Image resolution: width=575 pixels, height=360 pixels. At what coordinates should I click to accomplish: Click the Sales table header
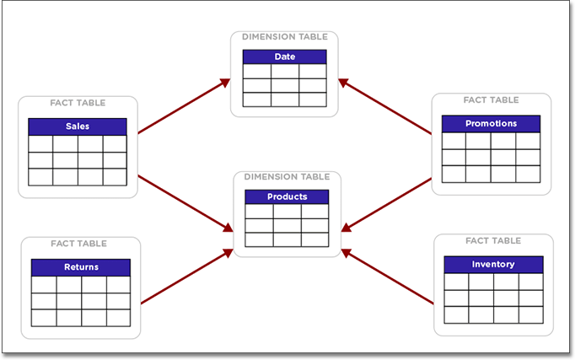[78, 126]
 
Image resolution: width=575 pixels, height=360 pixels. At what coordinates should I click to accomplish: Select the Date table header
[284, 56]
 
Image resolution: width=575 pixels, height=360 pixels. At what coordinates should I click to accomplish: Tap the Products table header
[287, 196]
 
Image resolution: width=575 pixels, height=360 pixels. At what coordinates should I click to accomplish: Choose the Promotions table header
[491, 124]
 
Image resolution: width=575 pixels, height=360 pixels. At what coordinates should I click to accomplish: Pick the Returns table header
[81, 267]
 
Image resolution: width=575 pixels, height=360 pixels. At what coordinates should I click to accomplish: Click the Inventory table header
[493, 265]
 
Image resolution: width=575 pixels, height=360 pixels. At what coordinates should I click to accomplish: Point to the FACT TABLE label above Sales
[78, 103]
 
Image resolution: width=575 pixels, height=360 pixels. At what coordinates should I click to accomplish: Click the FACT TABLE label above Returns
[78, 244]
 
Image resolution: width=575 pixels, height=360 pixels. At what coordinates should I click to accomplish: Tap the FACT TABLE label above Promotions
[491, 100]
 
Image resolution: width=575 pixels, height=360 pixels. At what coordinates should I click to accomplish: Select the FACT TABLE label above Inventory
[492, 241]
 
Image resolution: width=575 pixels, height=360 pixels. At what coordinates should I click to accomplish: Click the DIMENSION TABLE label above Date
[284, 37]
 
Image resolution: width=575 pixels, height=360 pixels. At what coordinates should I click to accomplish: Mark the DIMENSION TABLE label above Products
[287, 177]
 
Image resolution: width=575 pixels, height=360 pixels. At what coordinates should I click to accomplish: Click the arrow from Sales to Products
[184, 202]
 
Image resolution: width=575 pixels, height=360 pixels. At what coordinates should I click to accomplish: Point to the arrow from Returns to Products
[185, 277]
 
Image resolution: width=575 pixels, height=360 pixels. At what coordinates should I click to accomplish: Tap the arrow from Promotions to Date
[385, 106]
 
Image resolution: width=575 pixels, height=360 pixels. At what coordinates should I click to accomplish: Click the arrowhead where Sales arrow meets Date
[225, 82]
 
